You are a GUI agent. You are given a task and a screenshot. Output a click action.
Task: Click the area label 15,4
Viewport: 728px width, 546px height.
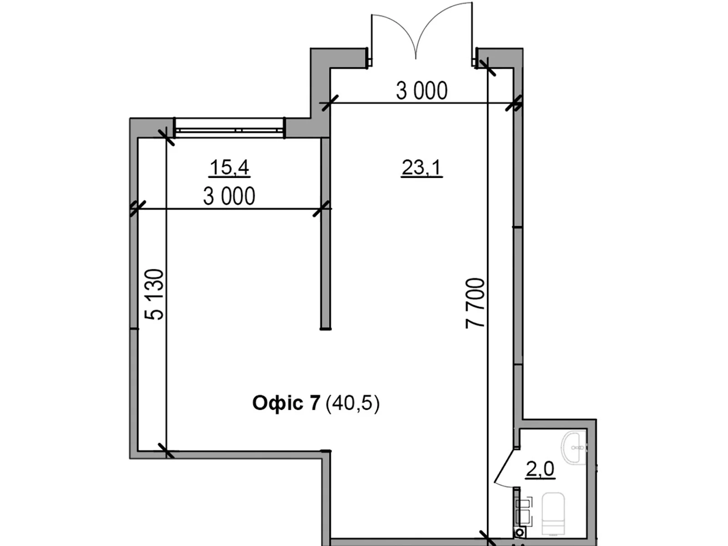coord(229,167)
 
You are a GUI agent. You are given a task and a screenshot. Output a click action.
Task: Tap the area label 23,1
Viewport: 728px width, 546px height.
coord(421,167)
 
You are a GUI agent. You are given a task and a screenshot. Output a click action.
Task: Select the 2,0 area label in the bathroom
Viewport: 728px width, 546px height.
coord(540,469)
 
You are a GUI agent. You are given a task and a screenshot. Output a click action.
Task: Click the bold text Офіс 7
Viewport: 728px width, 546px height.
coord(286,403)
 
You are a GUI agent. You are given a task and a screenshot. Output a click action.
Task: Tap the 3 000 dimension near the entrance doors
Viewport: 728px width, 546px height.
coord(421,91)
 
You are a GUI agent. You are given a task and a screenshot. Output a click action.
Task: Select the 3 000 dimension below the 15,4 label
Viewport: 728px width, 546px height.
coord(229,197)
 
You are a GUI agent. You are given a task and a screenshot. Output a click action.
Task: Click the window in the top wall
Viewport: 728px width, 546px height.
coord(229,127)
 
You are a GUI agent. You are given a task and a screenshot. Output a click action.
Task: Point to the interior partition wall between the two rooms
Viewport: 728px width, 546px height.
coord(325,232)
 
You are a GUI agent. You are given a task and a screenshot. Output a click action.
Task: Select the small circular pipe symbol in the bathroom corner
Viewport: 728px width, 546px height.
coord(519,531)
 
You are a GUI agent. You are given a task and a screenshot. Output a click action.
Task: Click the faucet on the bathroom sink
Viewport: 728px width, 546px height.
coord(578,448)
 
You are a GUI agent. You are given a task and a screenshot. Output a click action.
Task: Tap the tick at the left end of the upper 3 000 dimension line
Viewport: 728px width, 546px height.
coord(329,103)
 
